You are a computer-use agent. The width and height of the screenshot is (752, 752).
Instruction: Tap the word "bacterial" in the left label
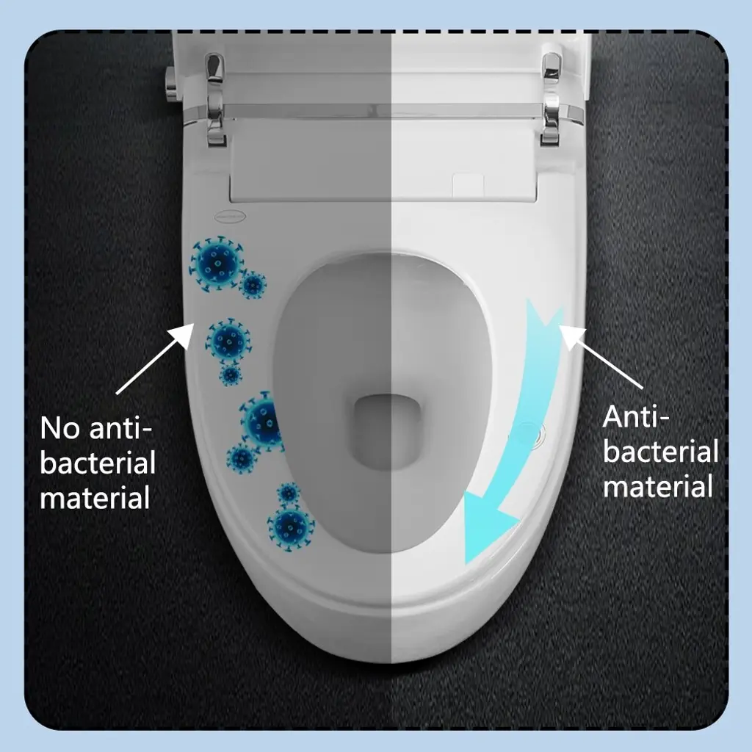click(x=98, y=463)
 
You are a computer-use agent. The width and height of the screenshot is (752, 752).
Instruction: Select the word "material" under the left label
click(x=95, y=497)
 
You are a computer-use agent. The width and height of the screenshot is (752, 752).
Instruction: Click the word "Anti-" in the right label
click(x=635, y=416)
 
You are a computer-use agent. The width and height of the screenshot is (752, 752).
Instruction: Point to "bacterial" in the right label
click(x=660, y=452)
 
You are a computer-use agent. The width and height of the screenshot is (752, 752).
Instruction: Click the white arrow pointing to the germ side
click(x=155, y=358)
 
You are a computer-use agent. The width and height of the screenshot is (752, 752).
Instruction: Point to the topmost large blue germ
click(x=217, y=264)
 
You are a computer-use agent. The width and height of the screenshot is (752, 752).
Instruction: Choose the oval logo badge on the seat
click(x=229, y=217)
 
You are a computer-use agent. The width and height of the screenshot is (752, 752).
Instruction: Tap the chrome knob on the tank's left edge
click(x=170, y=84)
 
